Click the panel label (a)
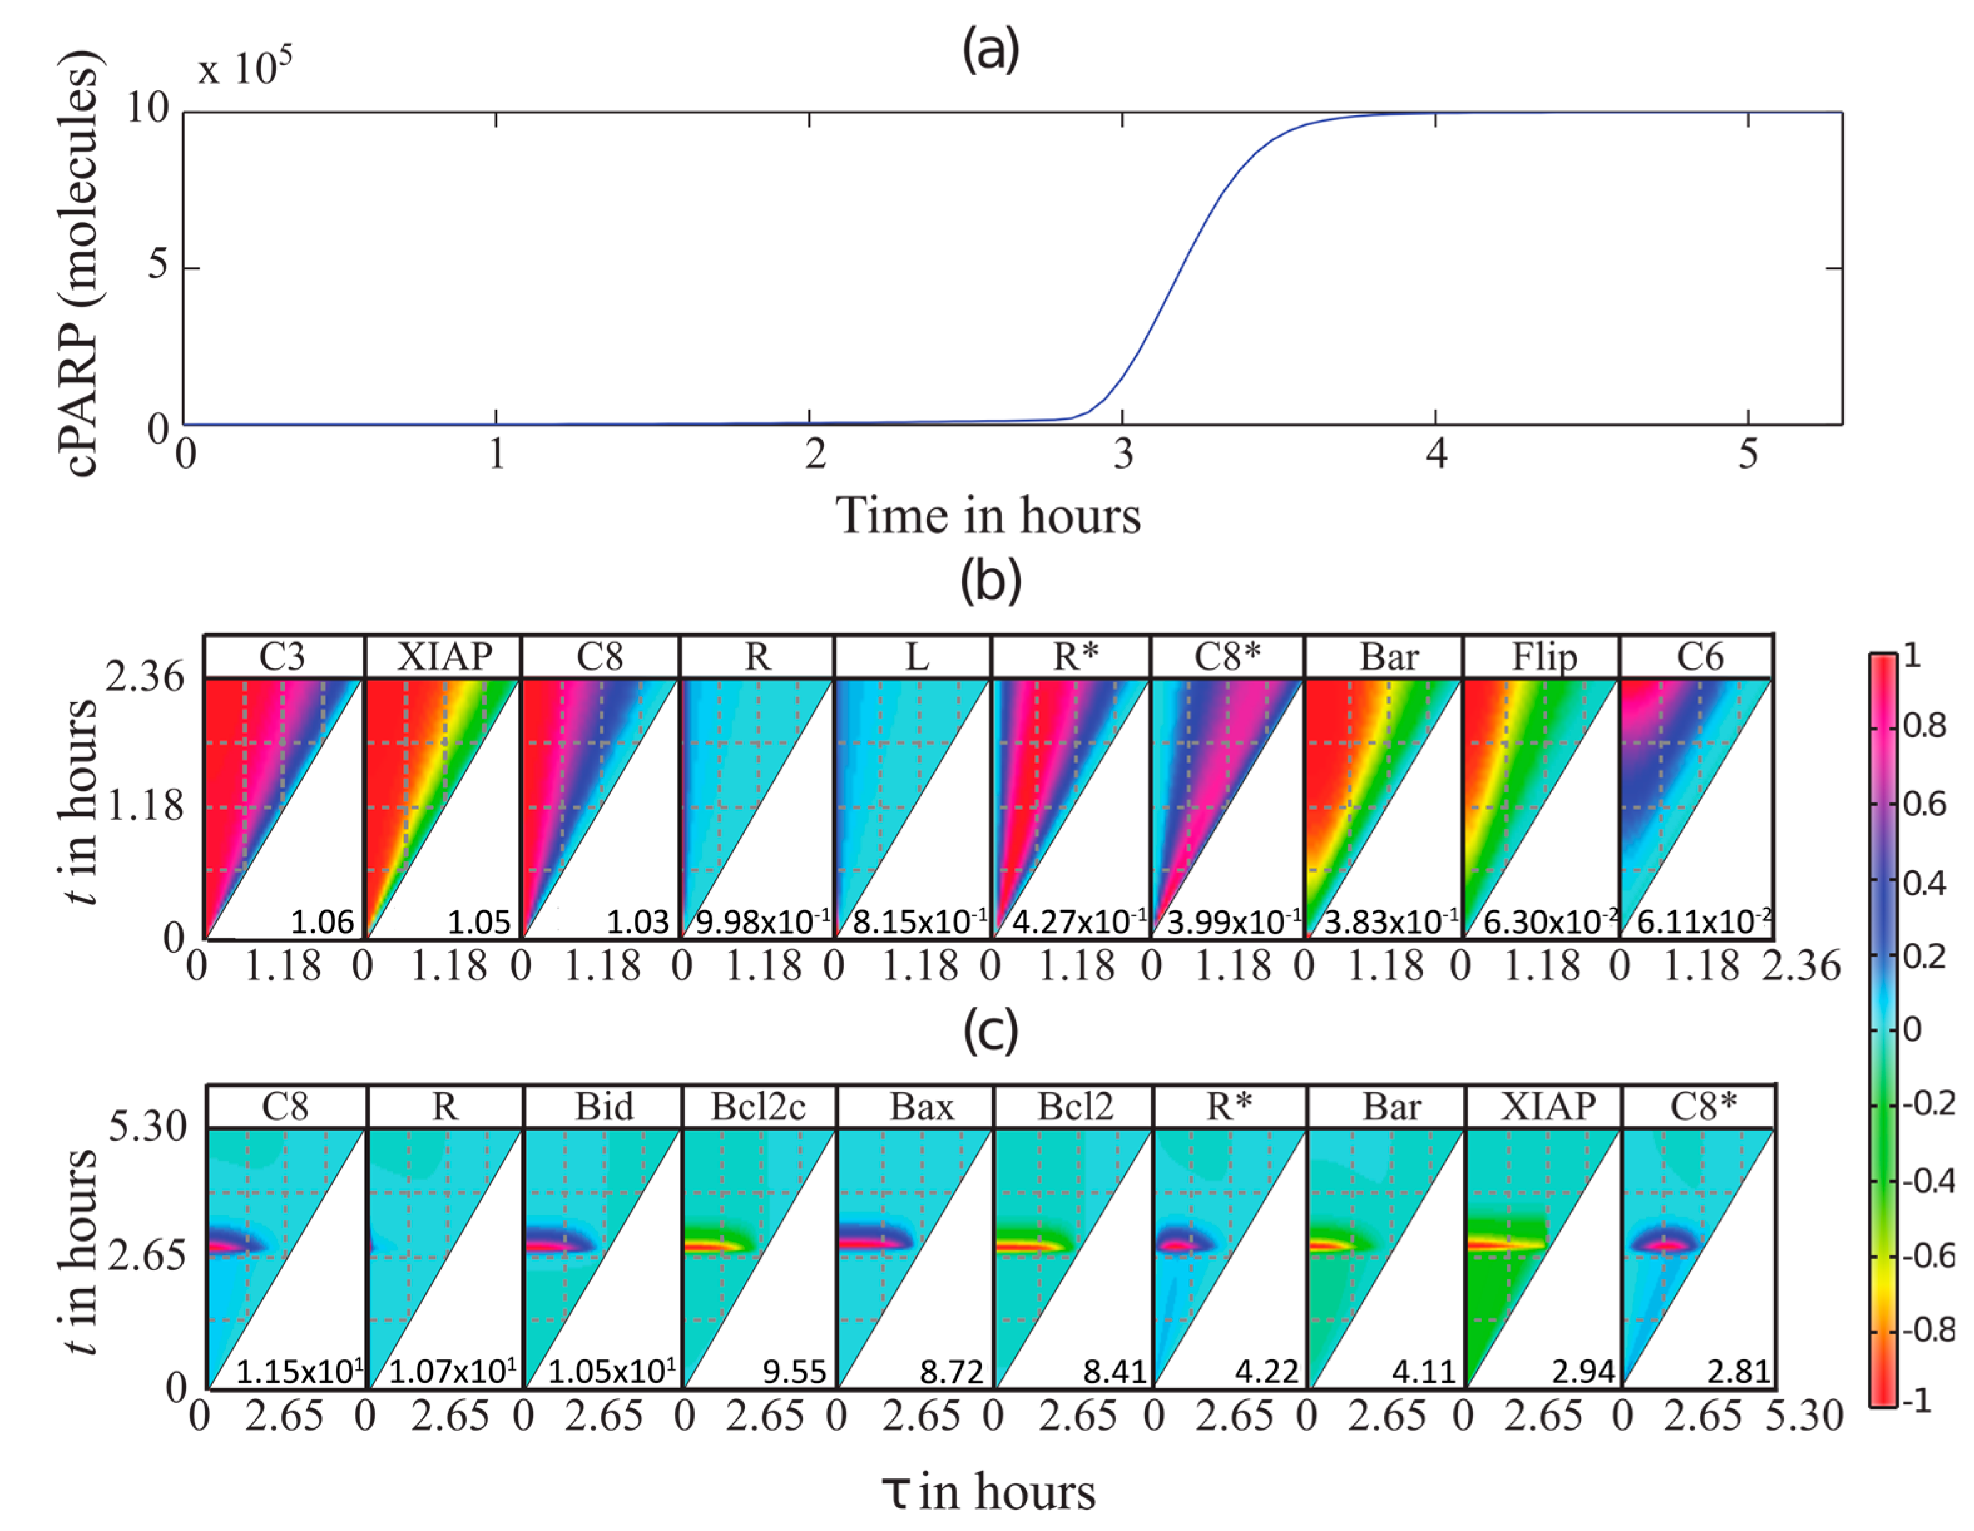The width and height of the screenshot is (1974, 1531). coord(990,49)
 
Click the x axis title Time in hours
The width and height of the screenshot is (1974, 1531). coord(988,517)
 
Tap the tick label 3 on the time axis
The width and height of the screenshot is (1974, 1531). coord(1123,454)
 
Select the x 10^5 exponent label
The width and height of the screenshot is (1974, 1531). coord(245,68)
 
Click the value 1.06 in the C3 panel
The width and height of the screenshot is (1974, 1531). coord(322,922)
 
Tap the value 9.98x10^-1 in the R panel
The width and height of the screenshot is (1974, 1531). coord(761,922)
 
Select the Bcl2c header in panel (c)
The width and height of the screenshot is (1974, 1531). coord(757,1106)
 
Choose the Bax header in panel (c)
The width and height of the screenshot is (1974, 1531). coord(921,1106)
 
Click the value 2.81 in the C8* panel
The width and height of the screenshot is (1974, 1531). coord(1738,1372)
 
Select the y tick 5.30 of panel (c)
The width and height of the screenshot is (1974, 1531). coord(147,1126)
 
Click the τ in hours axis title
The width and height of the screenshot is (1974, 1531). coord(988,1492)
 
